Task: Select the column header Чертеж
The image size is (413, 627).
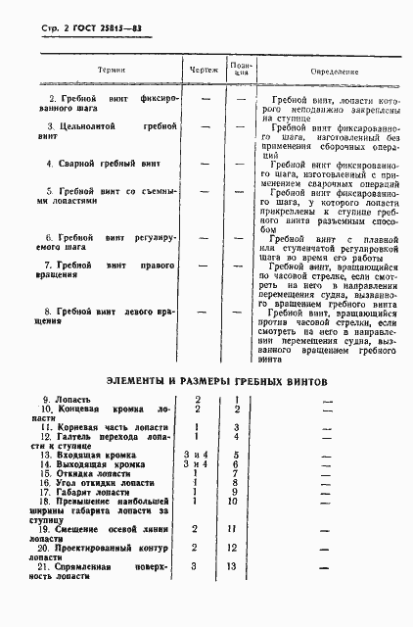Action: coord(202,70)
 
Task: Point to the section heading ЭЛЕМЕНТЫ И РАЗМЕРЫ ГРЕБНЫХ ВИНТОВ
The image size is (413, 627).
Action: coord(208,381)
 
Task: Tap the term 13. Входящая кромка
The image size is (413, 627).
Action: coord(84,456)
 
